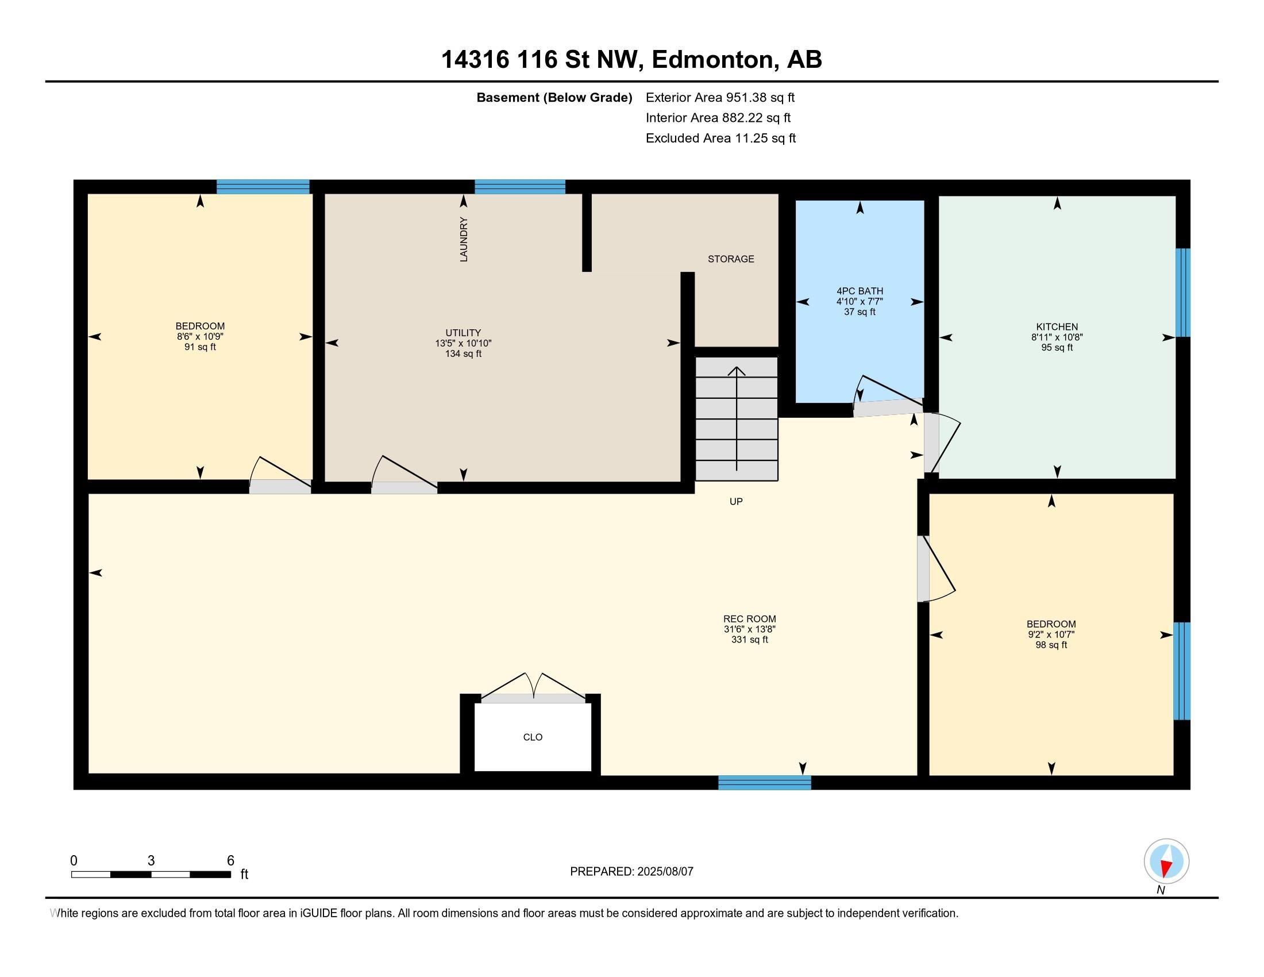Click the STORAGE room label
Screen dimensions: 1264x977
point(730,259)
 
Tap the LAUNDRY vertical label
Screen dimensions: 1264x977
point(464,240)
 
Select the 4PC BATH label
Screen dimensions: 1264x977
point(860,291)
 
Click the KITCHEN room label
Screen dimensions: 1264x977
point(1057,327)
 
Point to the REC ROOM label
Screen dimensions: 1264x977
point(749,619)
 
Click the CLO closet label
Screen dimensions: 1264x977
point(533,737)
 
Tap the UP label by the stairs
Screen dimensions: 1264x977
point(736,501)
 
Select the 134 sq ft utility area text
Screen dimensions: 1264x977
point(463,353)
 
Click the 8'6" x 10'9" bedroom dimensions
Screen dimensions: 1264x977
point(201,336)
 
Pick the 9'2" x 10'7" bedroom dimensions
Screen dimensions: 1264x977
point(1051,634)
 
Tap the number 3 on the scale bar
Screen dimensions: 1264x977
point(151,861)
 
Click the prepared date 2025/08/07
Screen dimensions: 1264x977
point(664,871)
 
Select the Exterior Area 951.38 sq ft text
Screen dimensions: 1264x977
point(720,97)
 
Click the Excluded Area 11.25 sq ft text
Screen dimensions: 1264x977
point(720,138)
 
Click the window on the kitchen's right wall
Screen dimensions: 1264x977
point(1183,293)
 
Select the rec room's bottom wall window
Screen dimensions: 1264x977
point(765,783)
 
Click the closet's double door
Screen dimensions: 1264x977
point(533,687)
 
